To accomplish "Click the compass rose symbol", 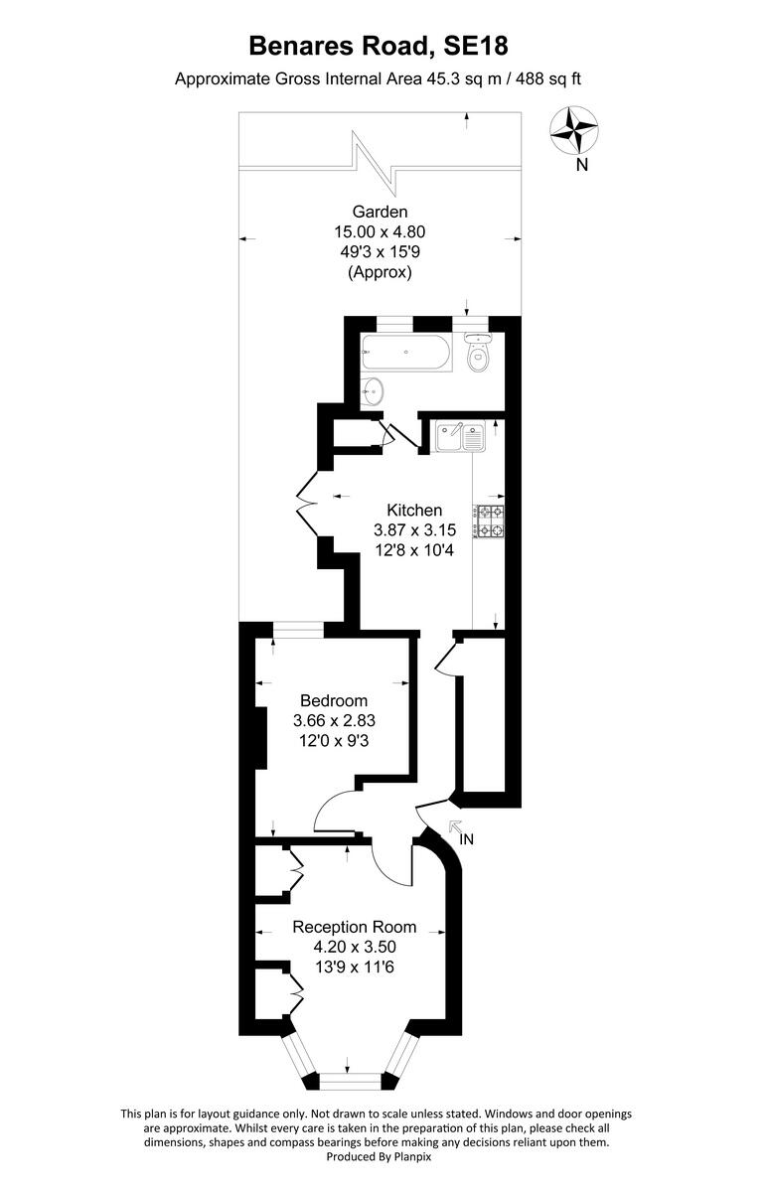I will [574, 129].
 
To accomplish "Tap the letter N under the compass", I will [582, 166].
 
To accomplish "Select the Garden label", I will [380, 212].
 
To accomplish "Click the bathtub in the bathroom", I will [406, 353].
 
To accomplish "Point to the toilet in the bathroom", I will [479, 355].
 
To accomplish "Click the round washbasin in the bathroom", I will [374, 390].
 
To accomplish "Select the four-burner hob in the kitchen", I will [490, 521].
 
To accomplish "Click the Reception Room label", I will [354, 927].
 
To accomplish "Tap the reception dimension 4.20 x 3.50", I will [354, 947].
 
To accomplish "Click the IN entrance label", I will [467, 839].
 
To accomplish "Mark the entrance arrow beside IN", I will [455, 826].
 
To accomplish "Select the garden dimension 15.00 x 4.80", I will [380, 231].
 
